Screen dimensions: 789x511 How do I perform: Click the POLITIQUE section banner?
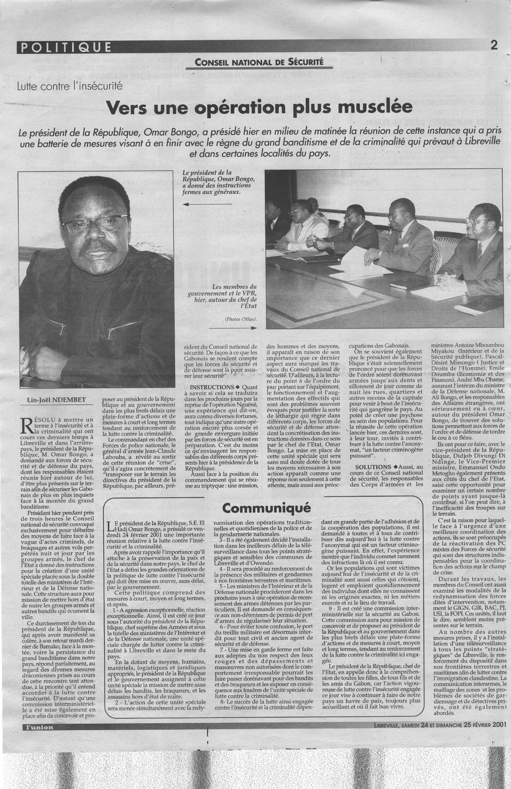64,47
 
